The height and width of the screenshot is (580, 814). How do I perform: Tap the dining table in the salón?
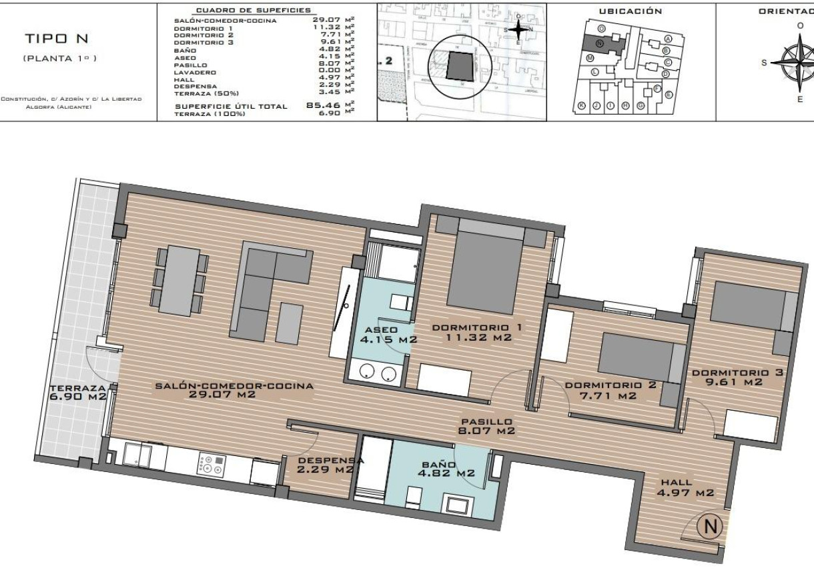click(x=179, y=281)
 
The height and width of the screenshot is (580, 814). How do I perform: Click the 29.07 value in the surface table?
click(x=325, y=20)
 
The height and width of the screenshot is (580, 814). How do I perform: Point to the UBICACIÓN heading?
click(x=631, y=11)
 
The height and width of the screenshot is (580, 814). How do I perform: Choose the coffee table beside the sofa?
click(x=289, y=323)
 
